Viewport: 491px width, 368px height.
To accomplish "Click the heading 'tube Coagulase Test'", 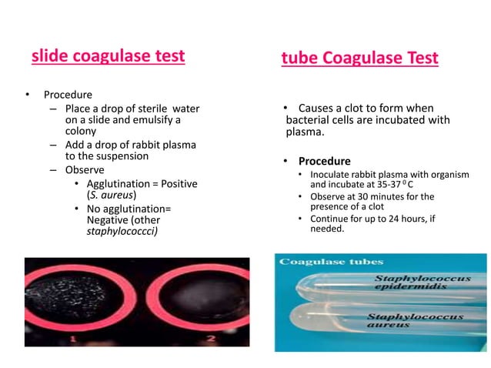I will [360, 58].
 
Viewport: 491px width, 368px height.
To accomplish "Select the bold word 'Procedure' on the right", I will [324, 162].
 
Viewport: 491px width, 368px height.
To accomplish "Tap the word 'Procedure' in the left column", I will [68, 95].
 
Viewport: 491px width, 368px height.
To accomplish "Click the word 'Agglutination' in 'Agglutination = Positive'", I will [119, 184].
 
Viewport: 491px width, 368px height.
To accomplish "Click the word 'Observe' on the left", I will [85, 169].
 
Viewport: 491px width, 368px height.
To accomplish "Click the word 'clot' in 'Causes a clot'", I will [350, 108].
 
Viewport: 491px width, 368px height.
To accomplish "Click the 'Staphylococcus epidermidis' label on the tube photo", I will [419, 282].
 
